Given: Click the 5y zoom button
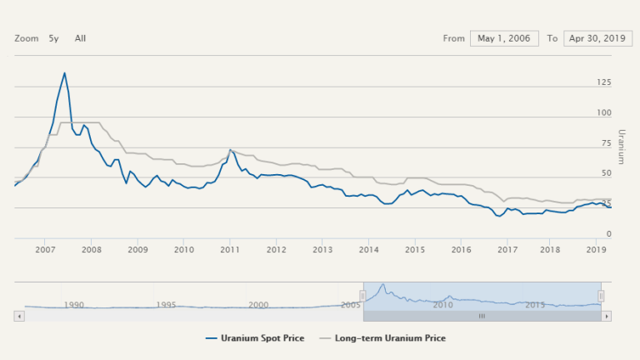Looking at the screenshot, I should click(53, 38).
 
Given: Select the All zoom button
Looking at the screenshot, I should click(80, 38).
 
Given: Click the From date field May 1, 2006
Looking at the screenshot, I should click(505, 38).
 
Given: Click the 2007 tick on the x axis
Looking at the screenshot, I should click(45, 249).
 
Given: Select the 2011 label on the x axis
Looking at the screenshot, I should click(230, 249).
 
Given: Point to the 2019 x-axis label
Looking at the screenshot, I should click(597, 249).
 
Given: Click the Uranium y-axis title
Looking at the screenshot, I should click(621, 147).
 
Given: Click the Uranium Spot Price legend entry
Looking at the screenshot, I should click(255, 338).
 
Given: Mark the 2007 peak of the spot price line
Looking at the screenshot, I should click(64, 72).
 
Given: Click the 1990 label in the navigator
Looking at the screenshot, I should click(74, 305).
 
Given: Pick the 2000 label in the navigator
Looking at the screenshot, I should click(258, 305).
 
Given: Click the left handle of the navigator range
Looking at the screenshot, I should click(362, 296).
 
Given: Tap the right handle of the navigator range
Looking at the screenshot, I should click(601, 296).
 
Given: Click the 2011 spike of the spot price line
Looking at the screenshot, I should click(230, 150).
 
